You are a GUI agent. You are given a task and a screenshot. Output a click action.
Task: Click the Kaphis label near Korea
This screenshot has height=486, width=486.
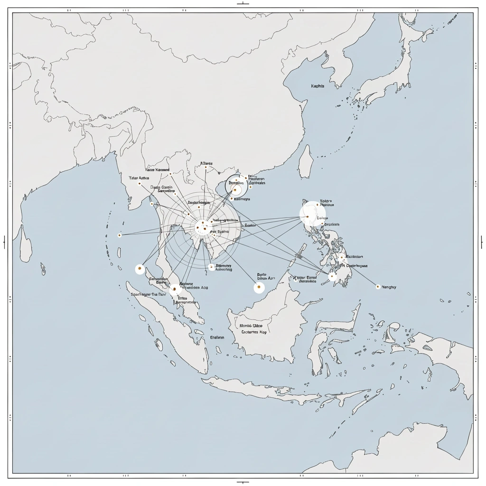pos(318,86)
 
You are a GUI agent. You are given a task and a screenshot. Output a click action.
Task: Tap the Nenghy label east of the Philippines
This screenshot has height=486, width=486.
pos(389,287)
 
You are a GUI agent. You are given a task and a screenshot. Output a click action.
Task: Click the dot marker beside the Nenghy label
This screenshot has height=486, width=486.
pos(378,287)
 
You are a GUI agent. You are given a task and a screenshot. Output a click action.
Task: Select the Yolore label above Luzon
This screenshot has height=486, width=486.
pos(327,201)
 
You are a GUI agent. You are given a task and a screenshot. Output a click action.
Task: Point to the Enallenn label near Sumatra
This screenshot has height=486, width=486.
pos(217,337)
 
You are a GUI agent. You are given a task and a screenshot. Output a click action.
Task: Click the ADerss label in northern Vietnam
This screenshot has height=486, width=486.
pos(206,164)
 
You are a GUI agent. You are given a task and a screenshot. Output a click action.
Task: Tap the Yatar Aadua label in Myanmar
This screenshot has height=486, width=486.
pos(139,178)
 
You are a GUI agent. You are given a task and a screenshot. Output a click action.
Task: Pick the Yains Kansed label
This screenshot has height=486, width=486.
pos(157,169)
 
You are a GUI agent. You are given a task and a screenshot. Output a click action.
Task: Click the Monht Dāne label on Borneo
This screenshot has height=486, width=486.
pos(251,326)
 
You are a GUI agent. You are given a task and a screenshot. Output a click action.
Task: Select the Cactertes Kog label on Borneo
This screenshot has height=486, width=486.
pos(254,333)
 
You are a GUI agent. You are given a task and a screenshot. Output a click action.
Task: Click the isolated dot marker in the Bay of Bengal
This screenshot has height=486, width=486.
pos(120,235)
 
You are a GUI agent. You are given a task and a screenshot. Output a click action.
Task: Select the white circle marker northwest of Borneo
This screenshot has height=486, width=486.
pos(259,287)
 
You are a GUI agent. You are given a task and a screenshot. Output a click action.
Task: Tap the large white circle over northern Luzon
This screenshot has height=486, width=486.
pos(310,215)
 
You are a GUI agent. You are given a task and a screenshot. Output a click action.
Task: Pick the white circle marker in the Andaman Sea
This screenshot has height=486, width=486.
pos(140,269)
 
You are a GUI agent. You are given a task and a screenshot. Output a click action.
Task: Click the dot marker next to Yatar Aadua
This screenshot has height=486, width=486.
pos(140,184)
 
